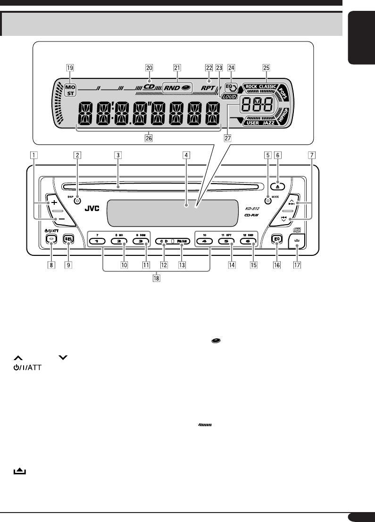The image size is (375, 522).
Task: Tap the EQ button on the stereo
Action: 276,239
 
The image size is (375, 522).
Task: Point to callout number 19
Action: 70,67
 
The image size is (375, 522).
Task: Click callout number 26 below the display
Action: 149,139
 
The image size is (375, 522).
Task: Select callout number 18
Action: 156,278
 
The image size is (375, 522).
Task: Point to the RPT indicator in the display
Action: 207,88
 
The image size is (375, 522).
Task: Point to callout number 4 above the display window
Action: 187,154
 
